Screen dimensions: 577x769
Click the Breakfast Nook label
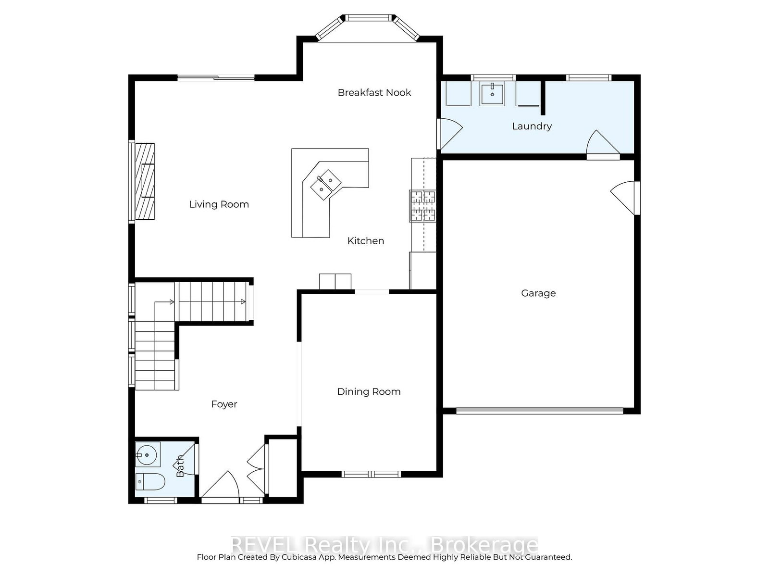[374, 92]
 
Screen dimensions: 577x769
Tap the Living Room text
[219, 204]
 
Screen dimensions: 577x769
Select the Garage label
[538, 293]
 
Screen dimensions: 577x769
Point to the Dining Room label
[369, 391]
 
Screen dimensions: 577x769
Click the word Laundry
[532, 126]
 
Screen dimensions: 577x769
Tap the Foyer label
[224, 404]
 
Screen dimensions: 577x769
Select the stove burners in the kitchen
[422, 206]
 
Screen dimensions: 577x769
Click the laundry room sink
[492, 94]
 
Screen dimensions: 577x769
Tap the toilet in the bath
[150, 481]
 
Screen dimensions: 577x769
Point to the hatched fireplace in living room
[145, 181]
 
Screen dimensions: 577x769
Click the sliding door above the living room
[216, 78]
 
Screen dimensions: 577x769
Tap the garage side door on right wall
[625, 197]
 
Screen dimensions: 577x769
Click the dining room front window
[371, 474]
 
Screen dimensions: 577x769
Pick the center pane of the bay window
[368, 18]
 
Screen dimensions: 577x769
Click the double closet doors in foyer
[257, 469]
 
